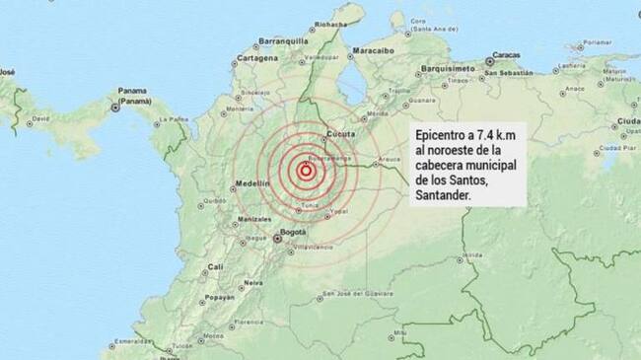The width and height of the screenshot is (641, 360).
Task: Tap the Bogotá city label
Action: (294, 233)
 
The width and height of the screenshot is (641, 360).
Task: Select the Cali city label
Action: (215, 266)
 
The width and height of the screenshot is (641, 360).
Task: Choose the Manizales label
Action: (253, 218)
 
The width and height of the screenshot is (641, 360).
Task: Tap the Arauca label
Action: (387, 155)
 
